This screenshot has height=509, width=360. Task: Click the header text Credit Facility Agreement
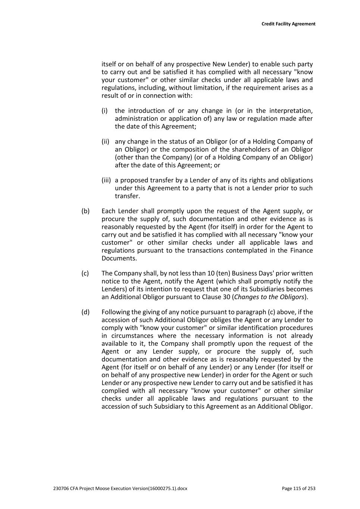click(x=288, y=24)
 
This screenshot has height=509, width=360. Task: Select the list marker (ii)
click(x=106, y=142)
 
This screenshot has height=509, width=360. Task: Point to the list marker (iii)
click(x=106, y=180)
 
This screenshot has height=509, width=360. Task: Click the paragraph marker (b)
click(x=85, y=211)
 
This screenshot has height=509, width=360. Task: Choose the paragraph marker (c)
click(x=85, y=273)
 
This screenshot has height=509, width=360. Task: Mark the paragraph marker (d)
click(x=85, y=312)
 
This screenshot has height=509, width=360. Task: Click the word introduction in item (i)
click(x=146, y=111)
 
